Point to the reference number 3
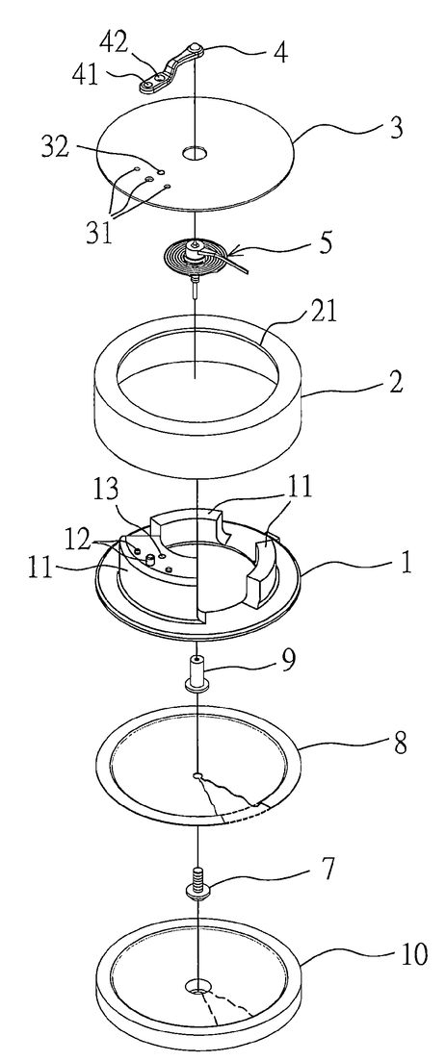tap(394, 127)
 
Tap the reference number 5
tap(326, 243)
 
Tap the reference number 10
tap(413, 955)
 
